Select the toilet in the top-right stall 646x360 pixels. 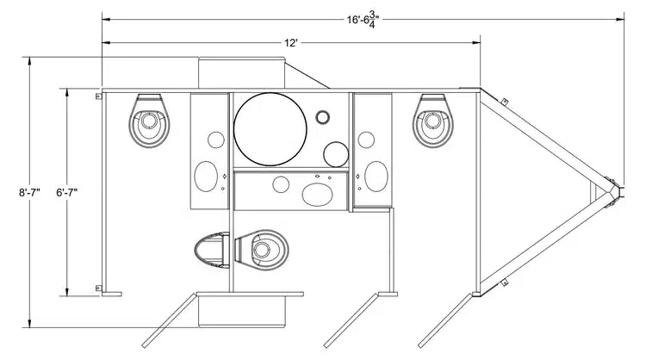(433, 121)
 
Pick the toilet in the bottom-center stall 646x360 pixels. (263, 250)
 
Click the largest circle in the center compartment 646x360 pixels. (270, 129)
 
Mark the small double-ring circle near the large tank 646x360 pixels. (324, 117)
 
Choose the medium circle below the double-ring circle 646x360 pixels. (336, 154)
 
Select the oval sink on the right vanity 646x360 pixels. (376, 177)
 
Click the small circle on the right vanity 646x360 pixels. (367, 138)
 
